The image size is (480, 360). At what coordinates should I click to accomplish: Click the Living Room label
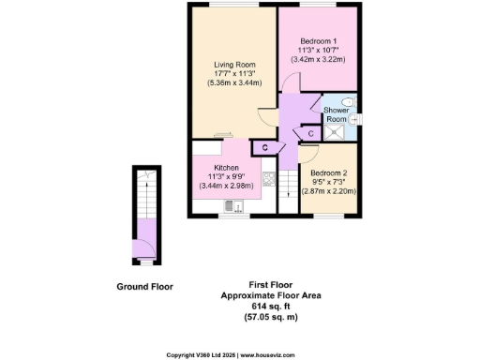pyautogui.click(x=229, y=65)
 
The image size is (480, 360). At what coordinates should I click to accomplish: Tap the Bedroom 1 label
pyautogui.click(x=319, y=41)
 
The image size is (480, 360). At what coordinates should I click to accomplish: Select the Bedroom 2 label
pyautogui.click(x=328, y=173)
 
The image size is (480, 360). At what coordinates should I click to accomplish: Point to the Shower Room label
pyautogui.click(x=336, y=115)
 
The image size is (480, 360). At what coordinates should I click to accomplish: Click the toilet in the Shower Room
pyautogui.click(x=348, y=102)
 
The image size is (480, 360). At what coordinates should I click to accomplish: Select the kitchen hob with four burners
pyautogui.click(x=267, y=178)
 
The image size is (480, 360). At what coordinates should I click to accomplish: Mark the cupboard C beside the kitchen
pyautogui.click(x=265, y=148)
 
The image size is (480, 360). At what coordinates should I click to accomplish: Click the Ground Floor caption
pyautogui.click(x=145, y=286)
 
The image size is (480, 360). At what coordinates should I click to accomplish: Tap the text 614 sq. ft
pyautogui.click(x=265, y=306)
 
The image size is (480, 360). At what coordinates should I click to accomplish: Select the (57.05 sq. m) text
pyautogui.click(x=265, y=317)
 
